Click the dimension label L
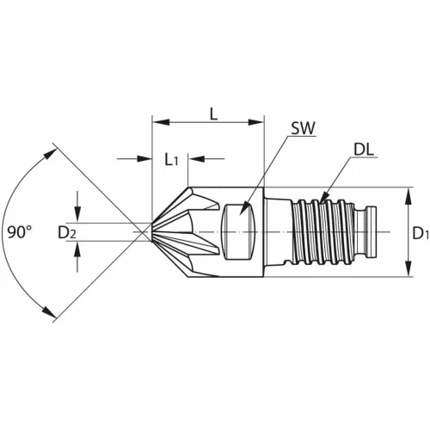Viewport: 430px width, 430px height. (x=212, y=114)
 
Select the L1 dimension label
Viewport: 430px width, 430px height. (x=172, y=159)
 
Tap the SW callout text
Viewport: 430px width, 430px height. (x=302, y=129)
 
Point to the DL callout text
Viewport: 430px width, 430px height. (x=363, y=149)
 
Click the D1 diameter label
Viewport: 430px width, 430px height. (x=419, y=232)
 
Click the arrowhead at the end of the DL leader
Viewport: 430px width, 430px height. (x=322, y=202)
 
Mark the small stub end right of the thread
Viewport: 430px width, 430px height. (x=374, y=231)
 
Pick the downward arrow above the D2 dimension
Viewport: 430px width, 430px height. (x=78, y=215)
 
